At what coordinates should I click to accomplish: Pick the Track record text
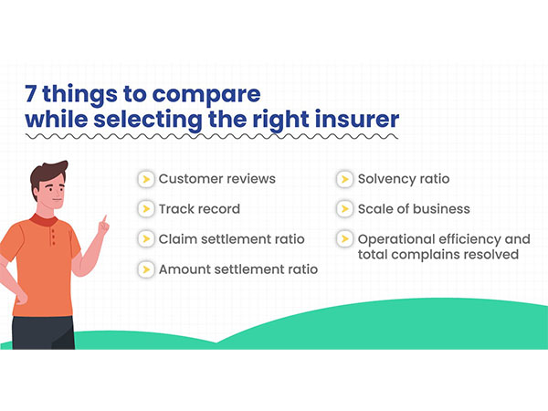[199, 209]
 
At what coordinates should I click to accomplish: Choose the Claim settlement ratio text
[231, 238]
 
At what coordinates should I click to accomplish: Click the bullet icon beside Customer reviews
[145, 179]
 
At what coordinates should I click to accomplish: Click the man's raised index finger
[105, 220]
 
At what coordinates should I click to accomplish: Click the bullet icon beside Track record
[145, 209]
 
